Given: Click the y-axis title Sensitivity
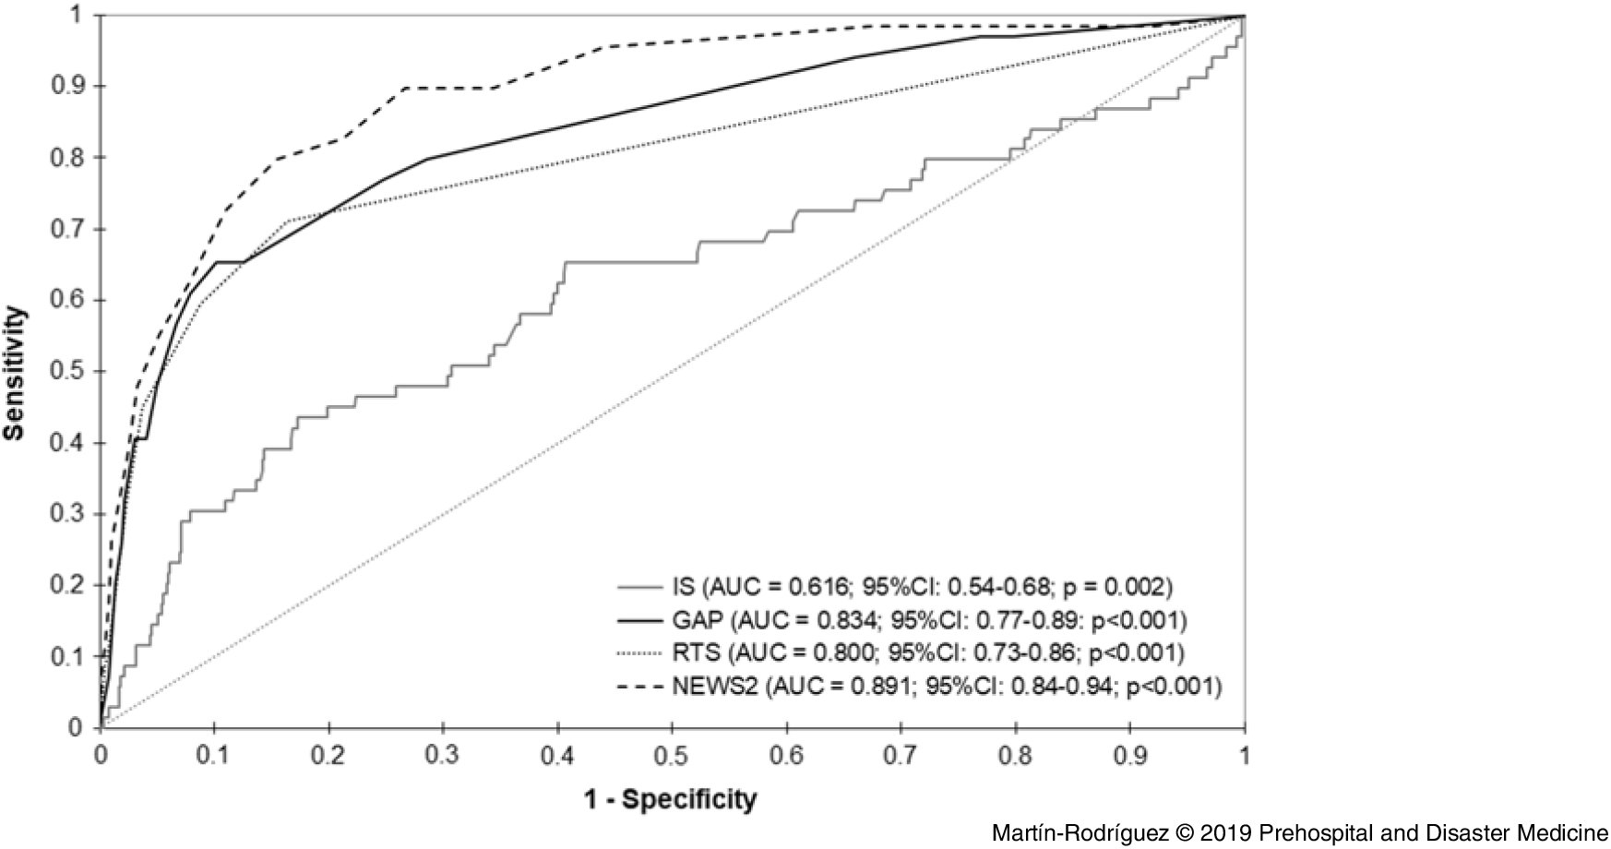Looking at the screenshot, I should pos(15,372).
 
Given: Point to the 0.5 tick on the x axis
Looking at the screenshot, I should pos(672,755).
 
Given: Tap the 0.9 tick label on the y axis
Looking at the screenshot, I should pos(70,87).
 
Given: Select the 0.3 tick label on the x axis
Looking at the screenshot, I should pos(443,755).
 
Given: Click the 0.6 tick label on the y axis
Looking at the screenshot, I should pos(70,301).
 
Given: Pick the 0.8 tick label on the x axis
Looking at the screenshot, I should pos(1016,755).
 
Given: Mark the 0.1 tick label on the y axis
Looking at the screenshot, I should pos(70,657).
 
